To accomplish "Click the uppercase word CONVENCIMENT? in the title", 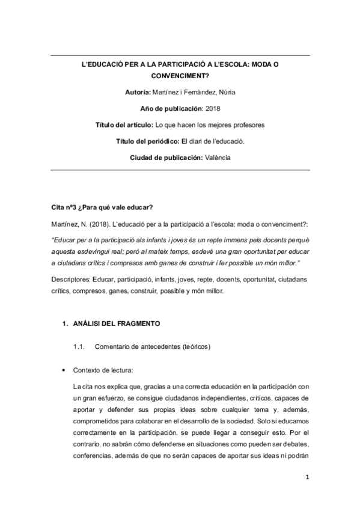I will [180, 76].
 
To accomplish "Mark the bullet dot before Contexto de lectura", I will [64, 371].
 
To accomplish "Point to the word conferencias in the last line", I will [92, 456].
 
